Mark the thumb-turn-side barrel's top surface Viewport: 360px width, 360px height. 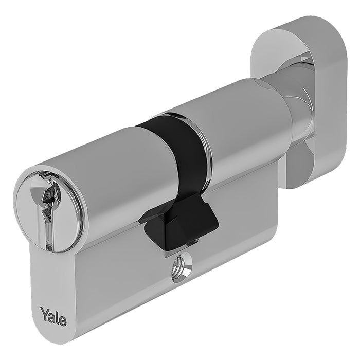pos(231,108)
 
